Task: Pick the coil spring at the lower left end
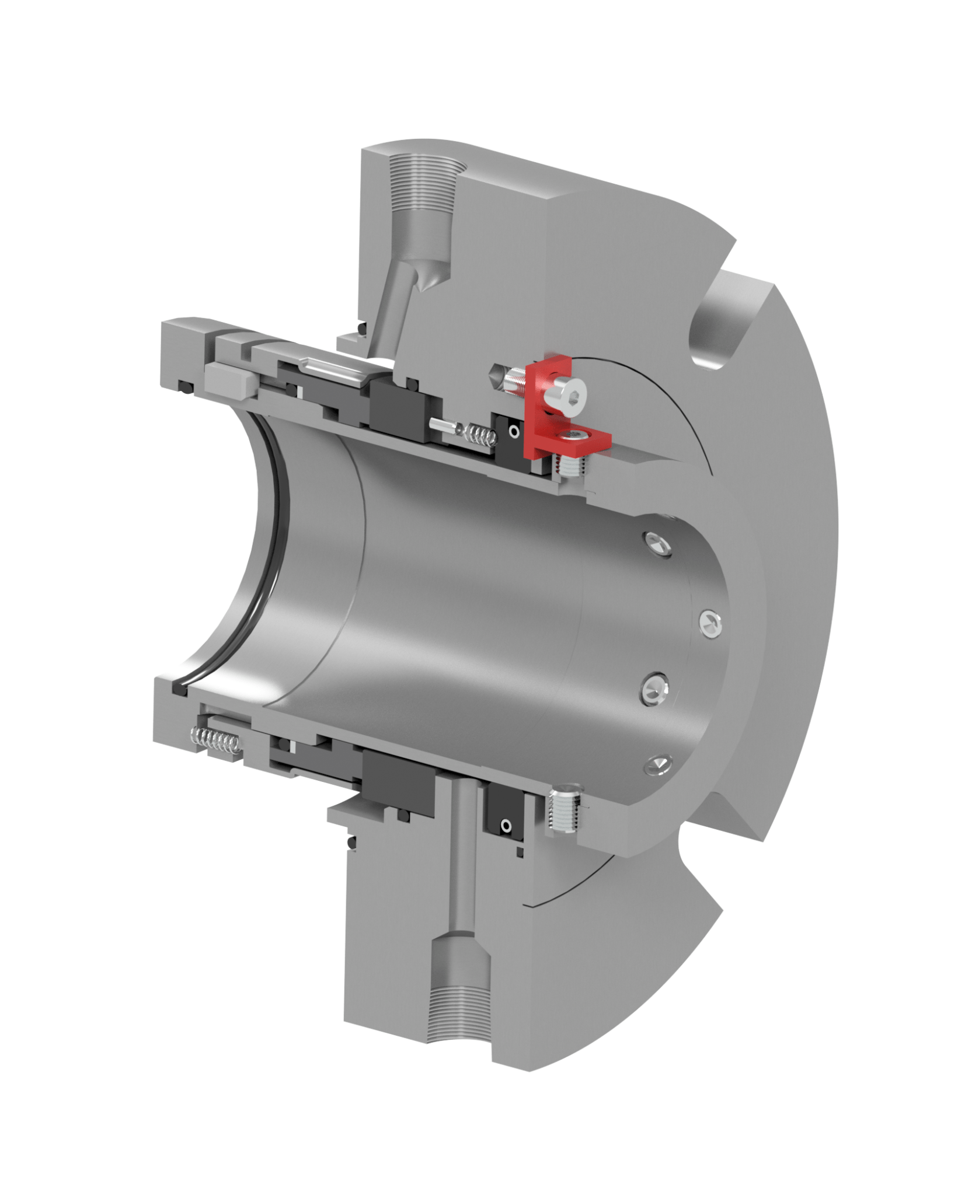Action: tap(216, 740)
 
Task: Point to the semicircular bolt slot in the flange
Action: tap(717, 327)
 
